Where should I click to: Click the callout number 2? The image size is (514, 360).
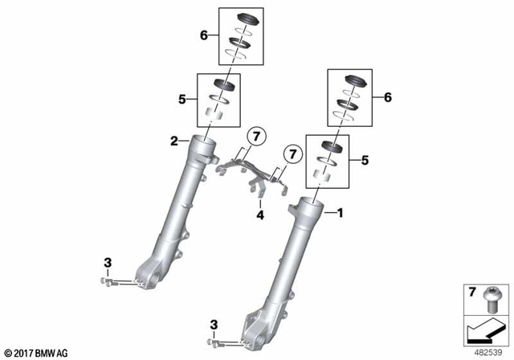(x=173, y=142)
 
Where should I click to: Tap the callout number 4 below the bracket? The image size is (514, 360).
(x=259, y=215)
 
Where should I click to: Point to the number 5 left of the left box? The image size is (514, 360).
(x=182, y=100)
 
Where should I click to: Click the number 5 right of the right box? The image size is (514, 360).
(x=365, y=161)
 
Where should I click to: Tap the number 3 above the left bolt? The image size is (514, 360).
(x=107, y=263)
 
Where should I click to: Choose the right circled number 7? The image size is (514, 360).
(x=292, y=151)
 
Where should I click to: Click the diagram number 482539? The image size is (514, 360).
(x=485, y=352)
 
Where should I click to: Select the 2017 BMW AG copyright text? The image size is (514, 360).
(x=36, y=352)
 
